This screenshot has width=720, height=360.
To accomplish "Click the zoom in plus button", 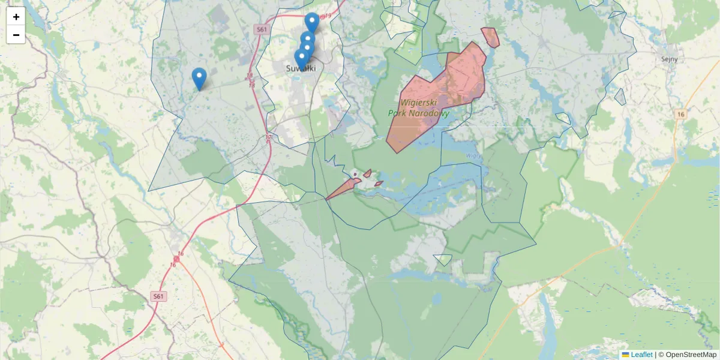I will click(x=16, y=16).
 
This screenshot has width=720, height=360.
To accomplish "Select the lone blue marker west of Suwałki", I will click(x=199, y=78).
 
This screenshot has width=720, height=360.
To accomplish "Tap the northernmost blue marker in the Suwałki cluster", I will click(x=312, y=22).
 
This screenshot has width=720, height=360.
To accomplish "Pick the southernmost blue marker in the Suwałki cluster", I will click(x=302, y=59).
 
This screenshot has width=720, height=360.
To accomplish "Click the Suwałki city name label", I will click(x=301, y=68).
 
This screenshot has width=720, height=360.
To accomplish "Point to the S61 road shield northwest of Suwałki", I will click(x=260, y=29).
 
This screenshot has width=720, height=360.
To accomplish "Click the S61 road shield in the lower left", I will click(x=158, y=296).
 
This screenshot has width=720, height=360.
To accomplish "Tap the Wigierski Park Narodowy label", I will click(x=419, y=108).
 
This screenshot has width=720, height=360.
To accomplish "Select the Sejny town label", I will click(x=668, y=59).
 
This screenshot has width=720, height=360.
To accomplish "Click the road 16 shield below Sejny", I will click(x=680, y=114).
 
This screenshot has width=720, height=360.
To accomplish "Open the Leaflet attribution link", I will click(x=641, y=355).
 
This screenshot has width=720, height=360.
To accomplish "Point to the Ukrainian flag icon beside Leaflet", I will click(x=625, y=355).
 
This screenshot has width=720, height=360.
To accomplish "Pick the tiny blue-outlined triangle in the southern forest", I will click(x=443, y=259).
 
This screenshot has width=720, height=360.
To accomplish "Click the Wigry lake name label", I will click(x=472, y=155).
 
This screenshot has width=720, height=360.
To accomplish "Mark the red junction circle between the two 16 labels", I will click(x=176, y=259).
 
